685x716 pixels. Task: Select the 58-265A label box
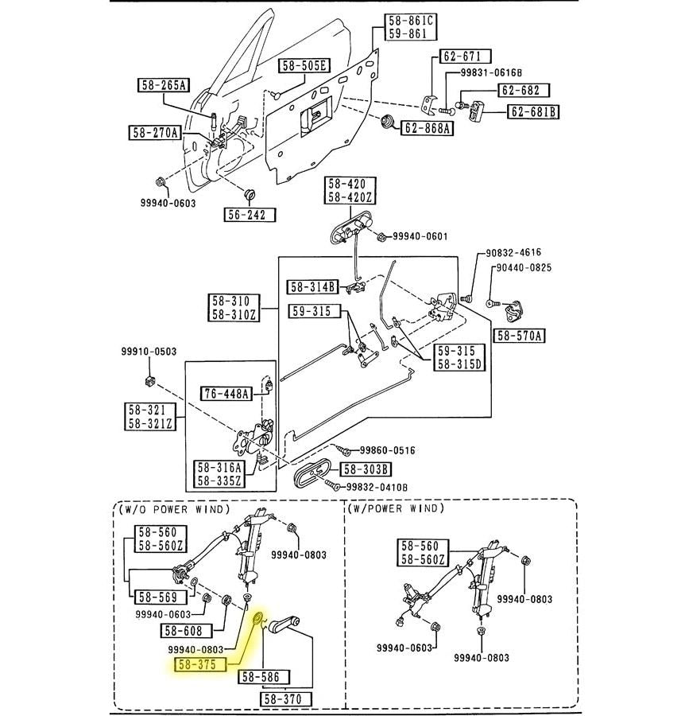point(163,85)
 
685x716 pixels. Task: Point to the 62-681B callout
point(533,111)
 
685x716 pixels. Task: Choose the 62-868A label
point(428,128)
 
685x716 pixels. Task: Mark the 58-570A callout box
point(519,336)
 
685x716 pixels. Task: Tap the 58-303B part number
point(367,469)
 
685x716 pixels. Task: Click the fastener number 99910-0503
point(149,352)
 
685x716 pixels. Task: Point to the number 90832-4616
point(513,253)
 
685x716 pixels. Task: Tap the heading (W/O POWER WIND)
point(173,509)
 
